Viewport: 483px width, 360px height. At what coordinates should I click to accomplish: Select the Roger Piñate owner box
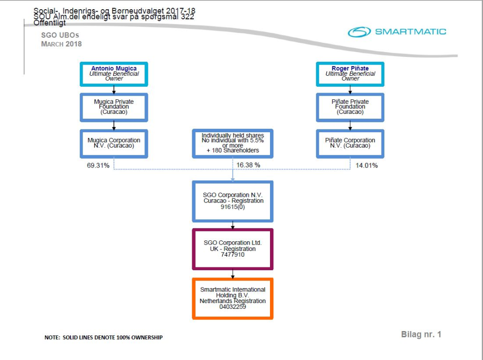pyautogui.click(x=350, y=74)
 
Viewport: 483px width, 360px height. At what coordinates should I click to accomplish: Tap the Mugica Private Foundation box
pyautogui.click(x=114, y=107)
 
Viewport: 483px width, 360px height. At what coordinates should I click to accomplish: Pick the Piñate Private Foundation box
pyautogui.click(x=350, y=107)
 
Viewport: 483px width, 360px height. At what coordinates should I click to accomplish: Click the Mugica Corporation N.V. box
pyautogui.click(x=114, y=143)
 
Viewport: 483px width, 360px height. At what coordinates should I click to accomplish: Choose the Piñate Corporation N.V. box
pyautogui.click(x=350, y=143)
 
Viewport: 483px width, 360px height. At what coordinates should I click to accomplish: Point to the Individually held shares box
pyautogui.click(x=232, y=143)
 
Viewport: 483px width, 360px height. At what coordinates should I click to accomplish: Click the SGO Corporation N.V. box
pyautogui.click(x=232, y=201)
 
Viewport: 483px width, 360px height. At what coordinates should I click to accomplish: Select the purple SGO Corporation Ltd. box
pyautogui.click(x=232, y=249)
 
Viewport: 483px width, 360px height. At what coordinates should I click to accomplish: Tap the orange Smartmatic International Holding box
pyautogui.click(x=232, y=298)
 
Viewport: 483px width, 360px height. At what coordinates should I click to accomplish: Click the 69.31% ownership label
pyautogui.click(x=98, y=166)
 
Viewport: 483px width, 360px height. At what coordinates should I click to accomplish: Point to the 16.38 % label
pyautogui.click(x=248, y=165)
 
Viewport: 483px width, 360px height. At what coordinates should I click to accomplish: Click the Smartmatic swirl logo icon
pyautogui.click(x=359, y=32)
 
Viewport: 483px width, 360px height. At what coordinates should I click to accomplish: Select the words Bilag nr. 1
pyautogui.click(x=421, y=334)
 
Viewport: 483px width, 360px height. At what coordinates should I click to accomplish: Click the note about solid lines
pyautogui.click(x=103, y=337)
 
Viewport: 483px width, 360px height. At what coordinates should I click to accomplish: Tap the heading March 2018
pyautogui.click(x=61, y=44)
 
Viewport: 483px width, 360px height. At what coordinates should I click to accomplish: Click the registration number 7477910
pyautogui.click(x=232, y=254)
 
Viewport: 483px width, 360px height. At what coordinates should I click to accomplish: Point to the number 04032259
pyautogui.click(x=232, y=306)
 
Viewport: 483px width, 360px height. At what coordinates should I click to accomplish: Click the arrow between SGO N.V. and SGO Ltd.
pyautogui.click(x=233, y=225)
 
